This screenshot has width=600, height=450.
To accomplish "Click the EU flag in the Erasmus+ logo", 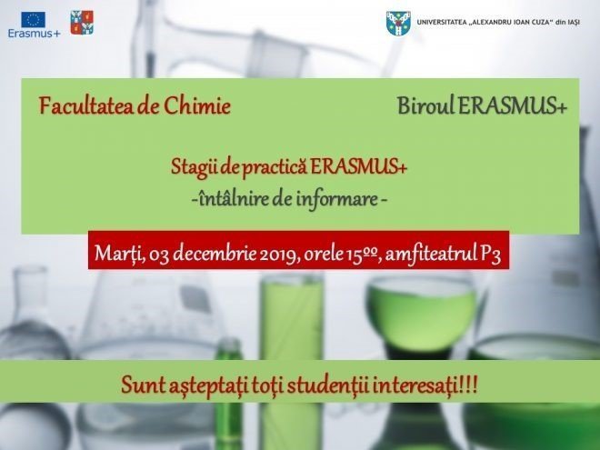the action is click(34, 19).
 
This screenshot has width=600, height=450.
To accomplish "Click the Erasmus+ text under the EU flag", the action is click(34, 34).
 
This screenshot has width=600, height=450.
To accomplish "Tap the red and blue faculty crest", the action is click(82, 23).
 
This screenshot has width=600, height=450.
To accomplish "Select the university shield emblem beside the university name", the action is click(398, 24).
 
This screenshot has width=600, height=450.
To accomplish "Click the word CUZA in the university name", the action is click(539, 23).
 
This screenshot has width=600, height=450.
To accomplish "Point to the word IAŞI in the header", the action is click(574, 23).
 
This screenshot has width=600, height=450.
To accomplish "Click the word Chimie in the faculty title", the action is click(197, 106).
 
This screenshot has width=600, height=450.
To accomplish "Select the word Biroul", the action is click(425, 105).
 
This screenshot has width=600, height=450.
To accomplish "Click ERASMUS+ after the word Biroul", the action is click(513, 105).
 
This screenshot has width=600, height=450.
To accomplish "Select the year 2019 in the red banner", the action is click(279, 254).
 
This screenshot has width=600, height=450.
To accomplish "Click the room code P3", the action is click(490, 254).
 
